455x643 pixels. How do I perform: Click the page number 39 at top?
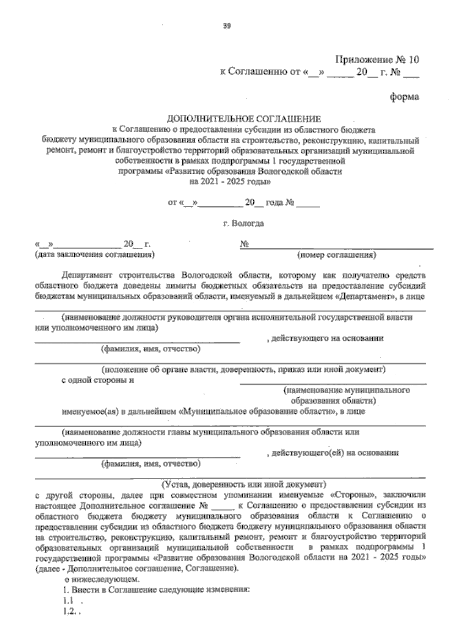coord(227,26)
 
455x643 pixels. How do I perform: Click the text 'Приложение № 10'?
coord(377,60)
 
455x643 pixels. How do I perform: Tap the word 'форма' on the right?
coord(405,97)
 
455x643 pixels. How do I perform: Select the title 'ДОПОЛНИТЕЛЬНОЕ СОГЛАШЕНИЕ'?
coord(245,119)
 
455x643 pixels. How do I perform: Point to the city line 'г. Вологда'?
coord(244,224)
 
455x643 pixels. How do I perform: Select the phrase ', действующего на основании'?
coord(325,338)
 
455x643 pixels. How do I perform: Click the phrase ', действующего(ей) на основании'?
coord(333,453)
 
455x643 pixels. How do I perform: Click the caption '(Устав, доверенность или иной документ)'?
coord(244,484)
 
